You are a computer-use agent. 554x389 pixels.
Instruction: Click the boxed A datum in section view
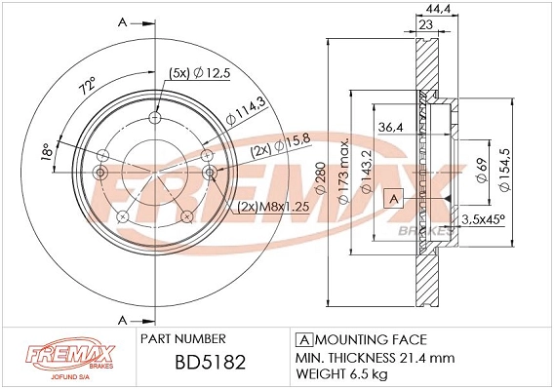click(x=393, y=199)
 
